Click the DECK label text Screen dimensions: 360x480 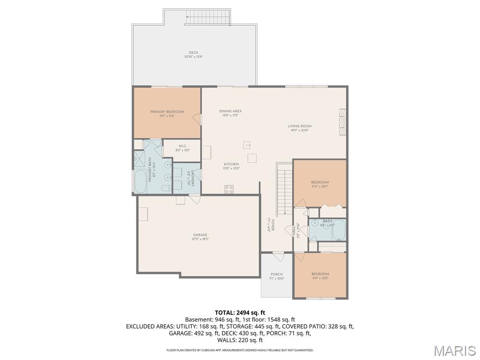193,52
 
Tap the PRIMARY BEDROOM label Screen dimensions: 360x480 167,112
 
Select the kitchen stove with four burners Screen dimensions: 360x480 229,189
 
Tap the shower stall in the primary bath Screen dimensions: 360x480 140,159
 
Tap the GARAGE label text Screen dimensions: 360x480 200,235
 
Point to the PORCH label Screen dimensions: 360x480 277,274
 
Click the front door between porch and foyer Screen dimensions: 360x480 278,256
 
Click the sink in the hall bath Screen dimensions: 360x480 315,224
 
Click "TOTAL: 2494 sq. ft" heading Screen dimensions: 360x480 240,312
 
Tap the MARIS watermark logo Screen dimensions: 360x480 454,350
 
